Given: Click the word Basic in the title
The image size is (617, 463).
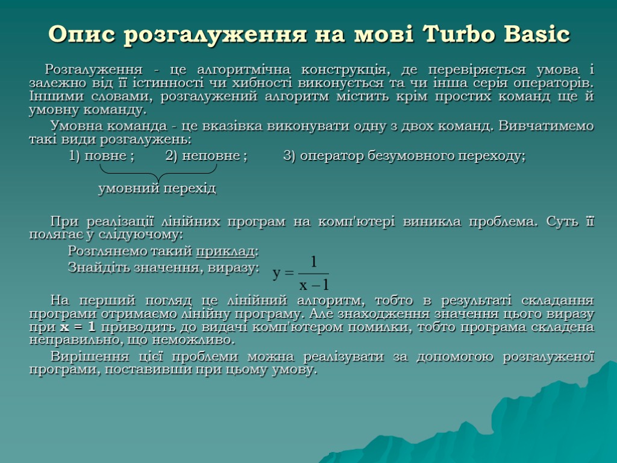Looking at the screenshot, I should pyautogui.click(x=542, y=34).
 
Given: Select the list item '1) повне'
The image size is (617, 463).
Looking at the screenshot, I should pyautogui.click(x=101, y=156).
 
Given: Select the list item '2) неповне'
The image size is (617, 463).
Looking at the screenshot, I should pyautogui.click(x=205, y=156).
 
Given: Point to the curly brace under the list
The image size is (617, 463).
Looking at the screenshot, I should pyautogui.click(x=158, y=173).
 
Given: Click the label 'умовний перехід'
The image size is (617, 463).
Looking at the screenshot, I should pyautogui.click(x=157, y=189).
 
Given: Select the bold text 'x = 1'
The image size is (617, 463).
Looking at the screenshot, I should pyautogui.click(x=78, y=327).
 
